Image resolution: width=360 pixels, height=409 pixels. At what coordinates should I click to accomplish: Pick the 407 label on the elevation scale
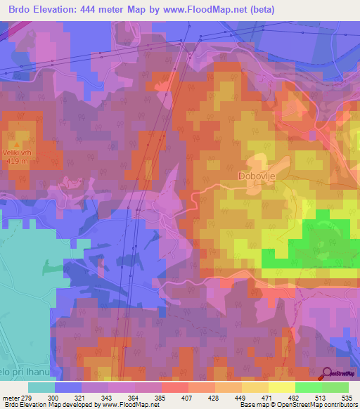(188, 397)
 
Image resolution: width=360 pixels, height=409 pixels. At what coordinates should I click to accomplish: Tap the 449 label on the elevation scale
(241, 397)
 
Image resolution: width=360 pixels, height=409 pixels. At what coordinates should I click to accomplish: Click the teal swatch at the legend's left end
(41, 387)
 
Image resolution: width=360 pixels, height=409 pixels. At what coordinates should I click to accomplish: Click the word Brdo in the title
(18, 9)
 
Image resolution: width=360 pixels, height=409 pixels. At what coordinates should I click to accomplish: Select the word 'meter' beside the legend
(12, 397)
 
